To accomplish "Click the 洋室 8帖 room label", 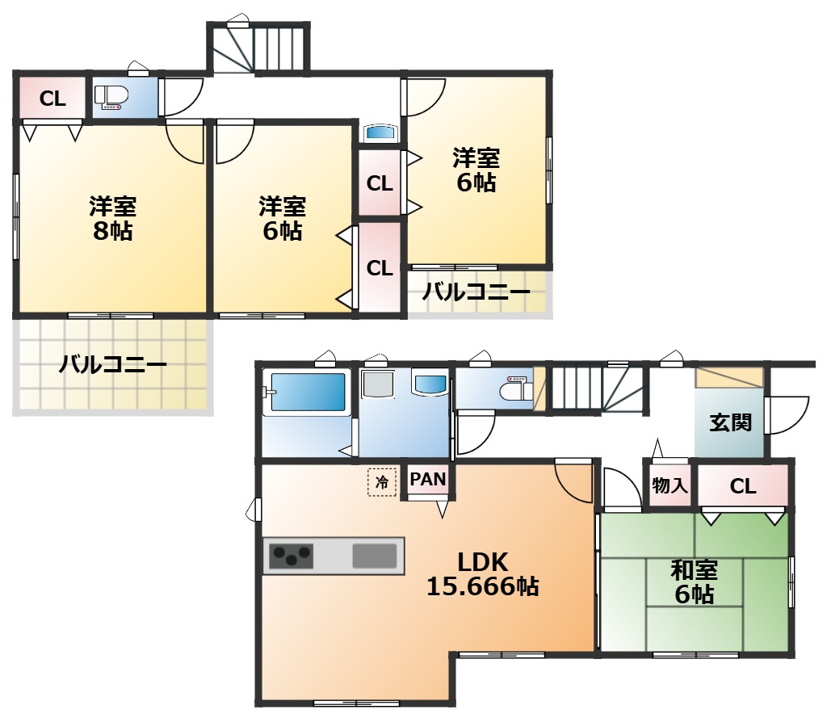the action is [113, 219].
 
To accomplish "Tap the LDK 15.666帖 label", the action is [483, 574].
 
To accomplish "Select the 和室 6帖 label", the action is [695, 582].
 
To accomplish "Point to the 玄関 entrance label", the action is [730, 422].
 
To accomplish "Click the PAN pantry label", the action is [428, 479].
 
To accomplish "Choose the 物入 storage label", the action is [670, 485].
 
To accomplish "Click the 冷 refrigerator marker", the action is [382, 482].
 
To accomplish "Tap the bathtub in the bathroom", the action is [308, 392].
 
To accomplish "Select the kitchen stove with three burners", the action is [291, 556].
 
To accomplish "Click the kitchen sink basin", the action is [375, 556].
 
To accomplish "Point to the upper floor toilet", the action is [111, 98].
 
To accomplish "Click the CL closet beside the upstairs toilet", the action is [52, 99].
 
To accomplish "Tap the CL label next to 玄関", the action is [743, 486].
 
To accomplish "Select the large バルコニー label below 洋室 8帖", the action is [113, 364].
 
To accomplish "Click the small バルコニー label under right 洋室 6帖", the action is [476, 292].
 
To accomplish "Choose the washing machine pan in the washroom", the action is [378, 384].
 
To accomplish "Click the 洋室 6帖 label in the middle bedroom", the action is [283, 219].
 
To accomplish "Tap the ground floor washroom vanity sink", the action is [430, 384].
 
